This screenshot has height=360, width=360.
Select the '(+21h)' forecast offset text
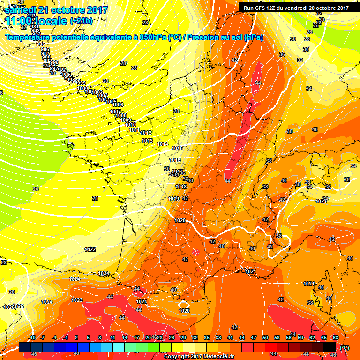[81, 21]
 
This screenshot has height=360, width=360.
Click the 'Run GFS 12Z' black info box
[295, 7]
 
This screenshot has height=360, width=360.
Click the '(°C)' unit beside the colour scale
[344, 348]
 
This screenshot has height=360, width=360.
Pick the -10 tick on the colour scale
[32, 337]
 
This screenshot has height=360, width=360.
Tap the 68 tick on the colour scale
[336, 337]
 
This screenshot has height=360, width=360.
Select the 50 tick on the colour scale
[265, 337]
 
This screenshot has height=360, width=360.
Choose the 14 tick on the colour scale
[125, 337]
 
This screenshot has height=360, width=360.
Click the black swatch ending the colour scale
[330, 347]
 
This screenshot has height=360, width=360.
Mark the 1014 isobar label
[163, 144]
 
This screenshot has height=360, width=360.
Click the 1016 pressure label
[175, 160]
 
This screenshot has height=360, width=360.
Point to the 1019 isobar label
[173, 199]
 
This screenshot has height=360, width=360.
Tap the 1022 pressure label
[90, 249]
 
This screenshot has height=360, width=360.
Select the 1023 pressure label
[77, 300]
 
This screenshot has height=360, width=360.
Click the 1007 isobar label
[115, 112]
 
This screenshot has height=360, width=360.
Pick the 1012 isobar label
[146, 133]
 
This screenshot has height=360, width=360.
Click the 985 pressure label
[40, 44]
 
